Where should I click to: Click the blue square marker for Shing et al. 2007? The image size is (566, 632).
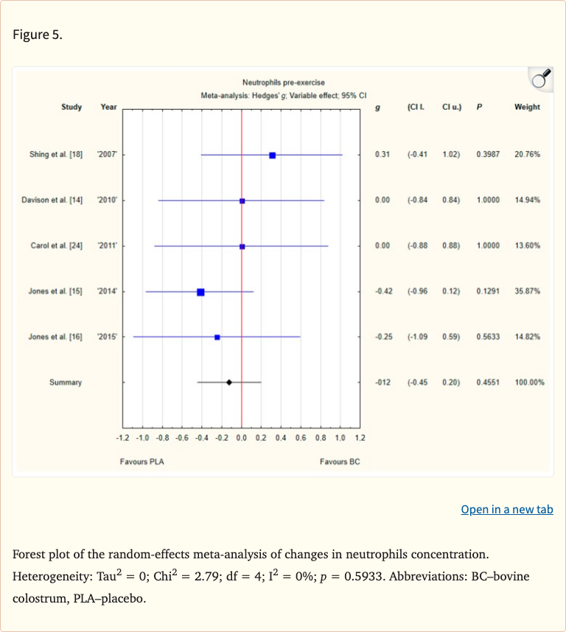click(x=273, y=155)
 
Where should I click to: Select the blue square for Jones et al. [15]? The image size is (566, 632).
click(x=200, y=292)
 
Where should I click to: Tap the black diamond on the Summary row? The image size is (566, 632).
click(x=229, y=382)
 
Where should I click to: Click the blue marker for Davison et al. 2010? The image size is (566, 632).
click(x=242, y=200)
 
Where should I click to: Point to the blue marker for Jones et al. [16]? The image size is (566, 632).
click(x=217, y=337)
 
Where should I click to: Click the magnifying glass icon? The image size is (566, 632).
click(x=540, y=80)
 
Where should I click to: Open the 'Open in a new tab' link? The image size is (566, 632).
click(x=506, y=510)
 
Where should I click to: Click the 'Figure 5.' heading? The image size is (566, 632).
click(x=38, y=35)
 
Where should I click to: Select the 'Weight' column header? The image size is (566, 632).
click(x=527, y=108)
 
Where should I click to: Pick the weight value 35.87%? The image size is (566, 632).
click(x=527, y=292)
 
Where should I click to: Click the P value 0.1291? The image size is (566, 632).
click(x=488, y=292)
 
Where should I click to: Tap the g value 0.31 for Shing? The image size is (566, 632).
click(x=382, y=155)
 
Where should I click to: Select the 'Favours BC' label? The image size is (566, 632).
click(x=340, y=461)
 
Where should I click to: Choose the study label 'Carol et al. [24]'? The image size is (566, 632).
click(x=56, y=246)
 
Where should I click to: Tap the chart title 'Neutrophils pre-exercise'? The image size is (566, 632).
click(x=283, y=82)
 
